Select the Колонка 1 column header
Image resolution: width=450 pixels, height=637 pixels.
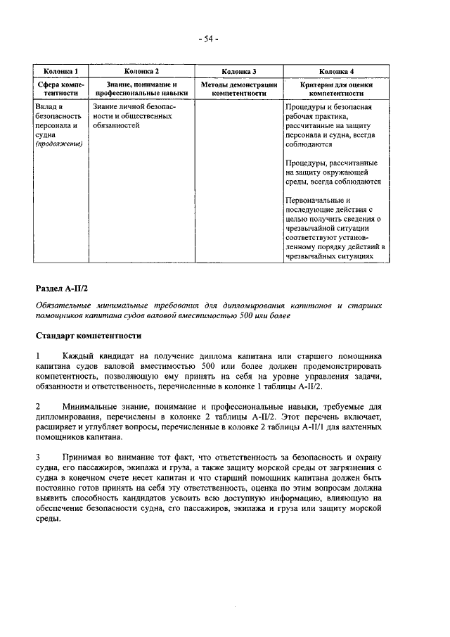tap(60, 71)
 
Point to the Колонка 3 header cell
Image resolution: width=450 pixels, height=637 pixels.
tap(238, 71)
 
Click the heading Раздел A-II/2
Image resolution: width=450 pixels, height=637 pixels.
tap(61, 289)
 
